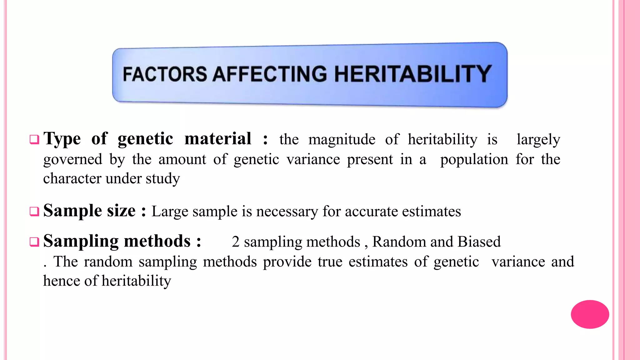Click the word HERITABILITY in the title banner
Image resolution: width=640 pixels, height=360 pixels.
[x=413, y=74]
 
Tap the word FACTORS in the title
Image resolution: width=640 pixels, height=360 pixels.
[x=165, y=74]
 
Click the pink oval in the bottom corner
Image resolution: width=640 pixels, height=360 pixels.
[x=590, y=314]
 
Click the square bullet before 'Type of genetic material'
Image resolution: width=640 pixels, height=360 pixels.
[x=34, y=139]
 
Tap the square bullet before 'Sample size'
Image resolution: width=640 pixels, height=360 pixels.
[x=34, y=212]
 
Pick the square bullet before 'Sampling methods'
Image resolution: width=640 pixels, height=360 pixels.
[x=34, y=242]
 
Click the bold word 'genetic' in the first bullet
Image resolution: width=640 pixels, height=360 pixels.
[x=145, y=139]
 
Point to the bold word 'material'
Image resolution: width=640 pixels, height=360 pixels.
[x=218, y=139]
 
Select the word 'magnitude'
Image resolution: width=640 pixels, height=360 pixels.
[x=342, y=140]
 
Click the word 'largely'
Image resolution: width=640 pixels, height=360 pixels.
[x=538, y=140]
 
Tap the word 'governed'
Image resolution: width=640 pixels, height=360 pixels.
[x=72, y=160]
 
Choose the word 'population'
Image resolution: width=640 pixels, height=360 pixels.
[x=474, y=160]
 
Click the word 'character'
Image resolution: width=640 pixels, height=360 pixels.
[x=72, y=179]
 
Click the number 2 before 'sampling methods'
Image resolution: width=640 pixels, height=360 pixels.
[x=236, y=242]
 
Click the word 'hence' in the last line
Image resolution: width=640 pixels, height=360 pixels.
[x=61, y=281]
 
